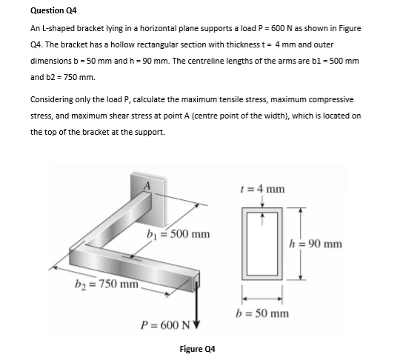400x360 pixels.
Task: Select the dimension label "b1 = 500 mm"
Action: pyautogui.click(x=178, y=235)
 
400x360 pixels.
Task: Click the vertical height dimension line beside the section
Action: pyautogui.click(x=300, y=244)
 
